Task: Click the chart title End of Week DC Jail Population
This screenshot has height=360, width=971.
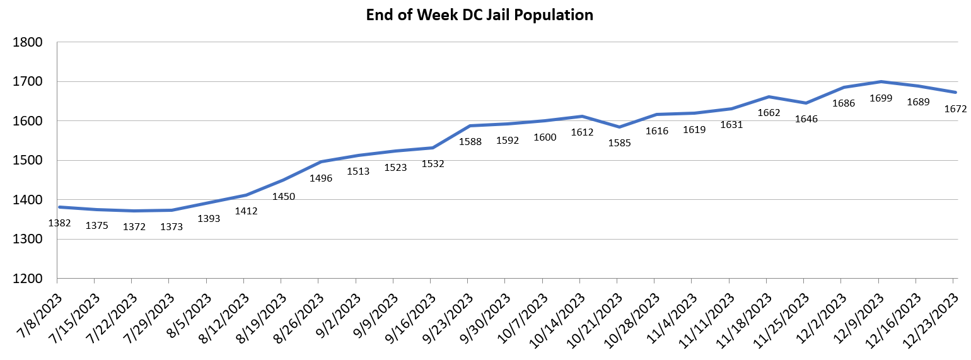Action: pyautogui.click(x=479, y=15)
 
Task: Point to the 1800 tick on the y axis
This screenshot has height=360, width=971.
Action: pyautogui.click(x=28, y=43)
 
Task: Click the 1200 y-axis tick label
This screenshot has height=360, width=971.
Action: pyautogui.click(x=28, y=279)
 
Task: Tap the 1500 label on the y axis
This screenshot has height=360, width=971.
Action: pyautogui.click(x=28, y=161)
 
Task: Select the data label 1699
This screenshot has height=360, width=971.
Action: pyautogui.click(x=881, y=98)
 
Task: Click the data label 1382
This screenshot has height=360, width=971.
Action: pyautogui.click(x=59, y=223)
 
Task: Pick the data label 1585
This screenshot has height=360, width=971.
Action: pyautogui.click(x=619, y=143)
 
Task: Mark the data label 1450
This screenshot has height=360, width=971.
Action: pyautogui.click(x=284, y=196)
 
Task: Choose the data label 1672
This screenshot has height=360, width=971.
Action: pyautogui.click(x=955, y=109)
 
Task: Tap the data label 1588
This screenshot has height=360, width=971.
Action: pyautogui.click(x=470, y=142)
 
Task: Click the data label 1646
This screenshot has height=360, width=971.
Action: pyautogui.click(x=806, y=119)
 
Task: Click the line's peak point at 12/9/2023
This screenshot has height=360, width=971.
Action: pyautogui.click(x=881, y=81)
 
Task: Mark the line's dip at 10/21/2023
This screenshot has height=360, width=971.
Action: pyautogui.click(x=619, y=127)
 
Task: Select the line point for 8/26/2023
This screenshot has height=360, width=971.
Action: pyautogui.click(x=321, y=161)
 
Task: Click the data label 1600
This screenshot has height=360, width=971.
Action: pyautogui.click(x=545, y=137)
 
